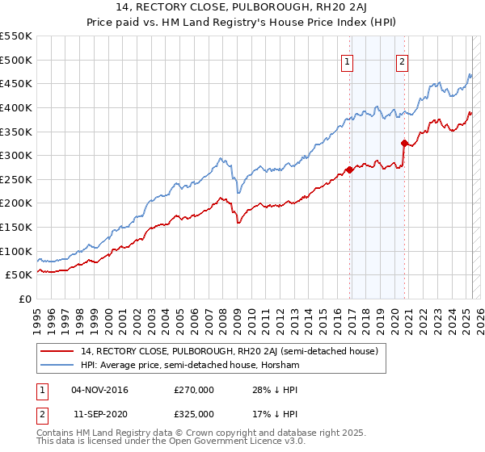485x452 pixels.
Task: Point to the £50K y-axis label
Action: (19, 275)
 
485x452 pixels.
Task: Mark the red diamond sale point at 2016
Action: (349, 169)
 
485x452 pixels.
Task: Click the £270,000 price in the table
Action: (194, 390)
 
